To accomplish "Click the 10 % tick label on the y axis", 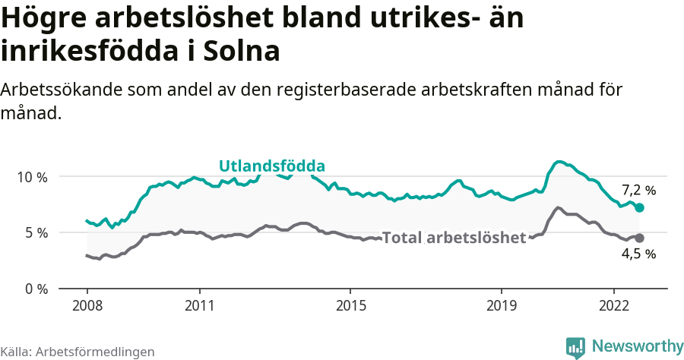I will (x=33, y=177).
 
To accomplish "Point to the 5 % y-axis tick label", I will (x=36, y=232).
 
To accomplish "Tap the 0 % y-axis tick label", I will (x=36, y=289).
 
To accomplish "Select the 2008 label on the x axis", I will (x=87, y=305).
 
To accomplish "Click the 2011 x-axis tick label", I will (x=199, y=305).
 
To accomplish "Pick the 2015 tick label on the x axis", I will (x=350, y=305).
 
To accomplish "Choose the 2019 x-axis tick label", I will (x=501, y=305).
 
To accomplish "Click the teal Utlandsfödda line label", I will (x=272, y=166).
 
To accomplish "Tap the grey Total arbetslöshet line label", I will (x=454, y=238).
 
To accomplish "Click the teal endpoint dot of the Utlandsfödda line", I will (x=639, y=207).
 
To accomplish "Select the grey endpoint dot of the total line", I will (x=639, y=238).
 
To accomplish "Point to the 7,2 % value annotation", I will (x=638, y=190).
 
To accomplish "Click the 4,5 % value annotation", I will (x=638, y=254).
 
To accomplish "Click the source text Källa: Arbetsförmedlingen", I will (x=78, y=352).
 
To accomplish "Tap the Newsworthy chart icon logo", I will (x=575, y=347).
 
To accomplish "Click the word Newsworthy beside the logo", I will (x=637, y=346).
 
